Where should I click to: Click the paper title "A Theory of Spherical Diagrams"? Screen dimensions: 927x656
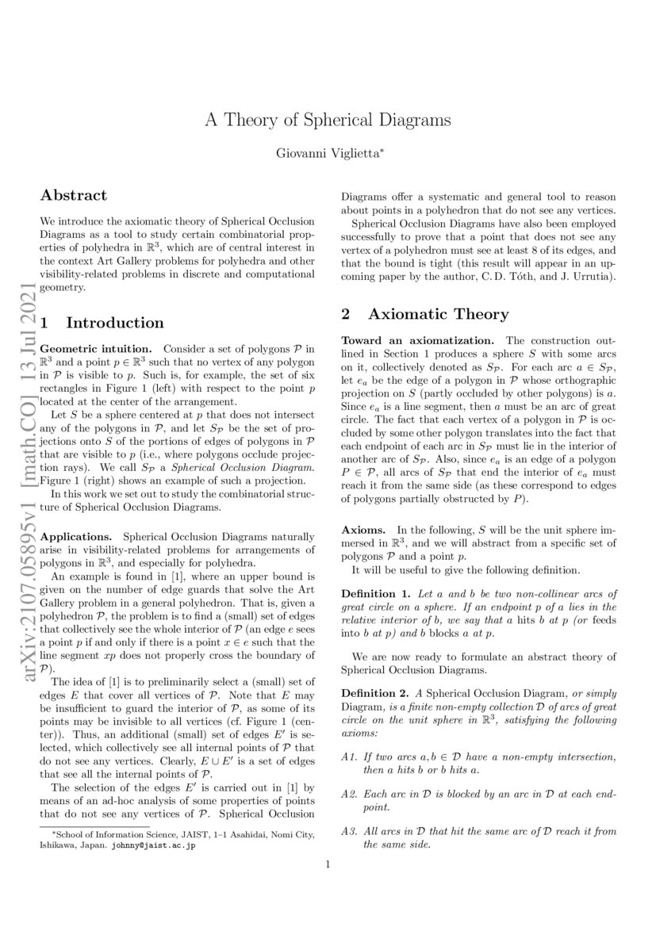pyautogui.click(x=328, y=121)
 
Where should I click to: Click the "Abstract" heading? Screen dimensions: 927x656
pyautogui.click(x=74, y=195)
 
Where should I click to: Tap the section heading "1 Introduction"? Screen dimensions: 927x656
pyautogui.click(x=102, y=323)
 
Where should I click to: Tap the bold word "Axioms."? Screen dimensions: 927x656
pyautogui.click(x=365, y=529)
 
